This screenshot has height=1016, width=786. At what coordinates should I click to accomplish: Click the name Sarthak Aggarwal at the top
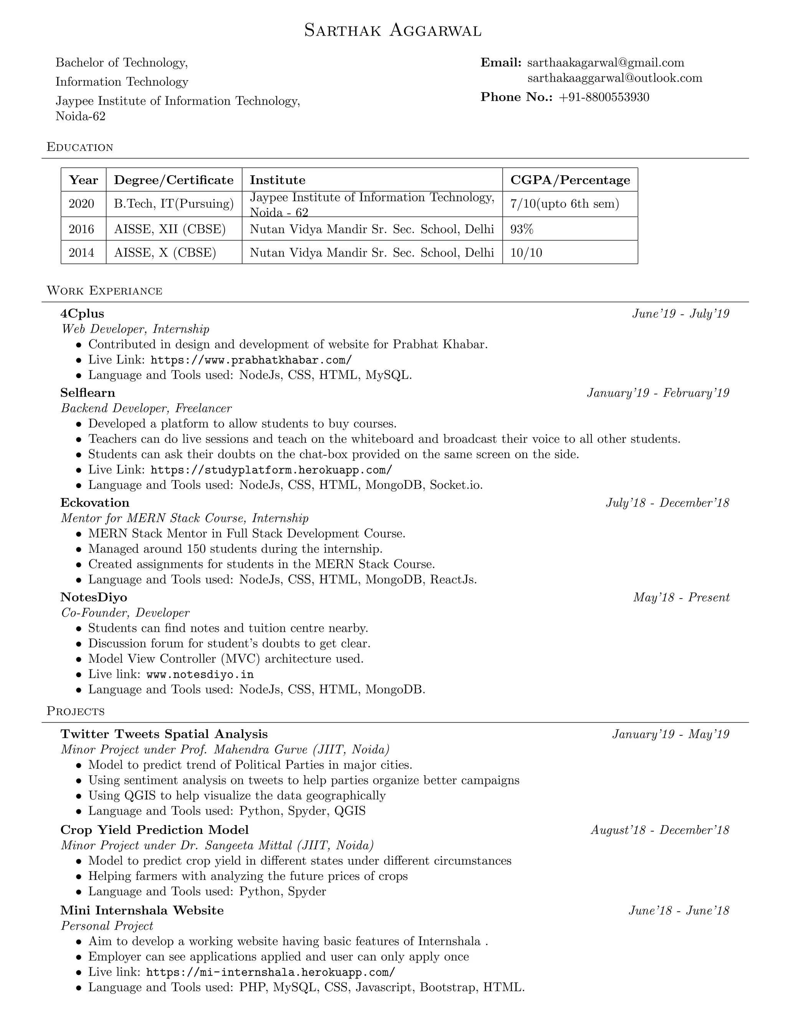click(393, 31)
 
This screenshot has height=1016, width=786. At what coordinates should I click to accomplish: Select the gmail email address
click(605, 63)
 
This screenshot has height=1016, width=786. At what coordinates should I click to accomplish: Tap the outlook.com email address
click(615, 78)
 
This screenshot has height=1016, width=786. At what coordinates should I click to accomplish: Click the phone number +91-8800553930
click(604, 97)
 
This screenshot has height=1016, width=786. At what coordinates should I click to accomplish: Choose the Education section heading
click(80, 148)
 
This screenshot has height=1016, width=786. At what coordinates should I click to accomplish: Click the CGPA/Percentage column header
click(570, 180)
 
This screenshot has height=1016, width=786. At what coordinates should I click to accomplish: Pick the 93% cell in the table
click(522, 229)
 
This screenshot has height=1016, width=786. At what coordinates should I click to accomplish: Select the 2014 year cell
click(81, 253)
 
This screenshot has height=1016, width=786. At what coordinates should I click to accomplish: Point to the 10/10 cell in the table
click(526, 253)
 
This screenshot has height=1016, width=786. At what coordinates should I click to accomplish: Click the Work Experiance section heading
click(104, 291)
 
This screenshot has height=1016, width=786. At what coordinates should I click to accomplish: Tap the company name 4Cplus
click(83, 314)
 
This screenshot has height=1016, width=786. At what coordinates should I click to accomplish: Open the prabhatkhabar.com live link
click(251, 360)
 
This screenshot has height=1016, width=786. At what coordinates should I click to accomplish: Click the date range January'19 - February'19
click(658, 393)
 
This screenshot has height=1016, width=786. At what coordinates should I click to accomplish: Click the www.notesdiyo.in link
click(200, 674)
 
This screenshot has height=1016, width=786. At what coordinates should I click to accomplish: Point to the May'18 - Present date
click(681, 597)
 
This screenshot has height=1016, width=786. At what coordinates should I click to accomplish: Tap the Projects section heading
click(76, 711)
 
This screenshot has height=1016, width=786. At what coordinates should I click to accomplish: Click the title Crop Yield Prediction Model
click(155, 830)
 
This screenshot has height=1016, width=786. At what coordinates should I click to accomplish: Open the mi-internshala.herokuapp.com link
click(271, 972)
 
